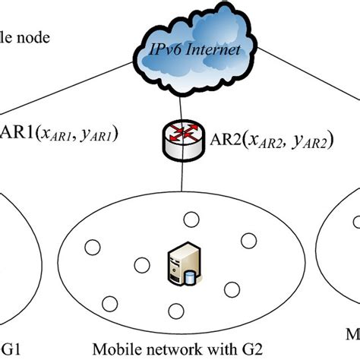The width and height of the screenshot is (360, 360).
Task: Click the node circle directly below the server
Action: pyautogui.click(x=175, y=311)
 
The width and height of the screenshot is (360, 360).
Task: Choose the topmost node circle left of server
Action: pyautogui.click(x=93, y=246)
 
